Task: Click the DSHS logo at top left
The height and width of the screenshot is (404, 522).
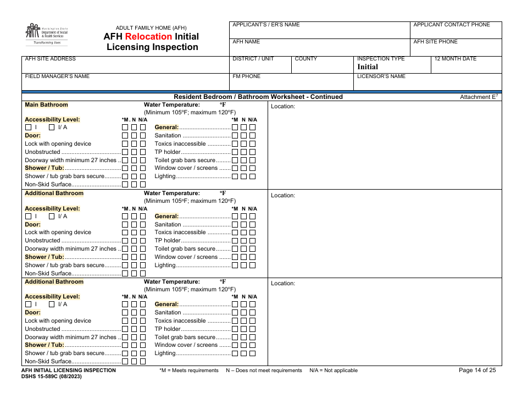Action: pyautogui.click(x=46, y=34)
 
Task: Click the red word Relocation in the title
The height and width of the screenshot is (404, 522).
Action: pyautogui.click(x=148, y=37)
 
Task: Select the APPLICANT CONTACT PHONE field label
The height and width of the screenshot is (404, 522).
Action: pyautogui.click(x=451, y=25)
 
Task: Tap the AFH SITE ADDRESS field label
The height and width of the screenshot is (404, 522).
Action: pyautogui.click(x=50, y=59)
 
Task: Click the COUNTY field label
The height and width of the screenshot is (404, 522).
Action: pyautogui.click(x=306, y=59)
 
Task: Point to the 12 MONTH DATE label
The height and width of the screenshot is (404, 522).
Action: pyautogui.click(x=455, y=59)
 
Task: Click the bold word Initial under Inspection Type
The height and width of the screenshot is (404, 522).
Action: pyautogui.click(x=368, y=67)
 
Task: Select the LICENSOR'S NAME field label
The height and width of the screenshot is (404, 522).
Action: pyautogui.click(x=381, y=76)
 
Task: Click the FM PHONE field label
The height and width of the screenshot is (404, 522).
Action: pyautogui.click(x=246, y=76)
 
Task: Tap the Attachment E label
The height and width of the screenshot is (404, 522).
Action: pyautogui.click(x=479, y=97)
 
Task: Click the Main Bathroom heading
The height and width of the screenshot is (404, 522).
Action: pyautogui.click(x=46, y=104)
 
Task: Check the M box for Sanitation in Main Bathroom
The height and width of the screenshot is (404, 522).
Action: pyautogui.click(x=235, y=136)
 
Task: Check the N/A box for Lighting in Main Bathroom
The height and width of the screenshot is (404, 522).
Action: pyautogui.click(x=252, y=176)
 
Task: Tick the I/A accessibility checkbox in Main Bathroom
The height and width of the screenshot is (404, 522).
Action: pyautogui.click(x=52, y=128)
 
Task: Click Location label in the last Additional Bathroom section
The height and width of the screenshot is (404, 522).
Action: pyautogui.click(x=283, y=284)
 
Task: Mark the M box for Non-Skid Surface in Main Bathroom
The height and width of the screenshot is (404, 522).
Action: pyautogui.click(x=125, y=185)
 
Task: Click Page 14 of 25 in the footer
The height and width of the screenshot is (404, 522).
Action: pyautogui.click(x=477, y=370)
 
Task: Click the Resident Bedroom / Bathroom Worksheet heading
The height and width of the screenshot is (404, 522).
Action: pyautogui.click(x=258, y=97)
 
